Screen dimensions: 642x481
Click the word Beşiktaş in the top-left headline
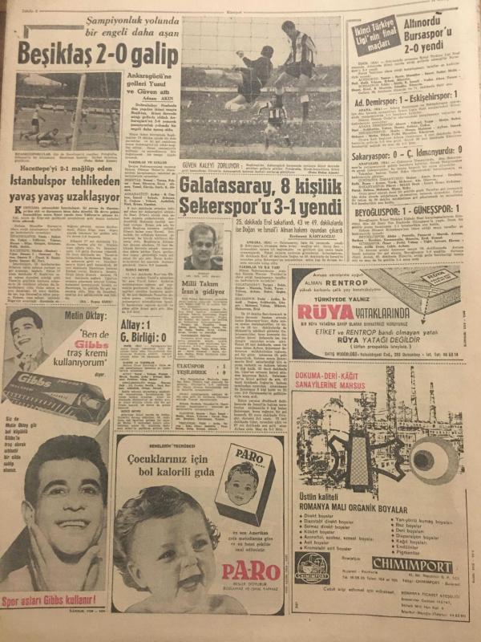[50, 57]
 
